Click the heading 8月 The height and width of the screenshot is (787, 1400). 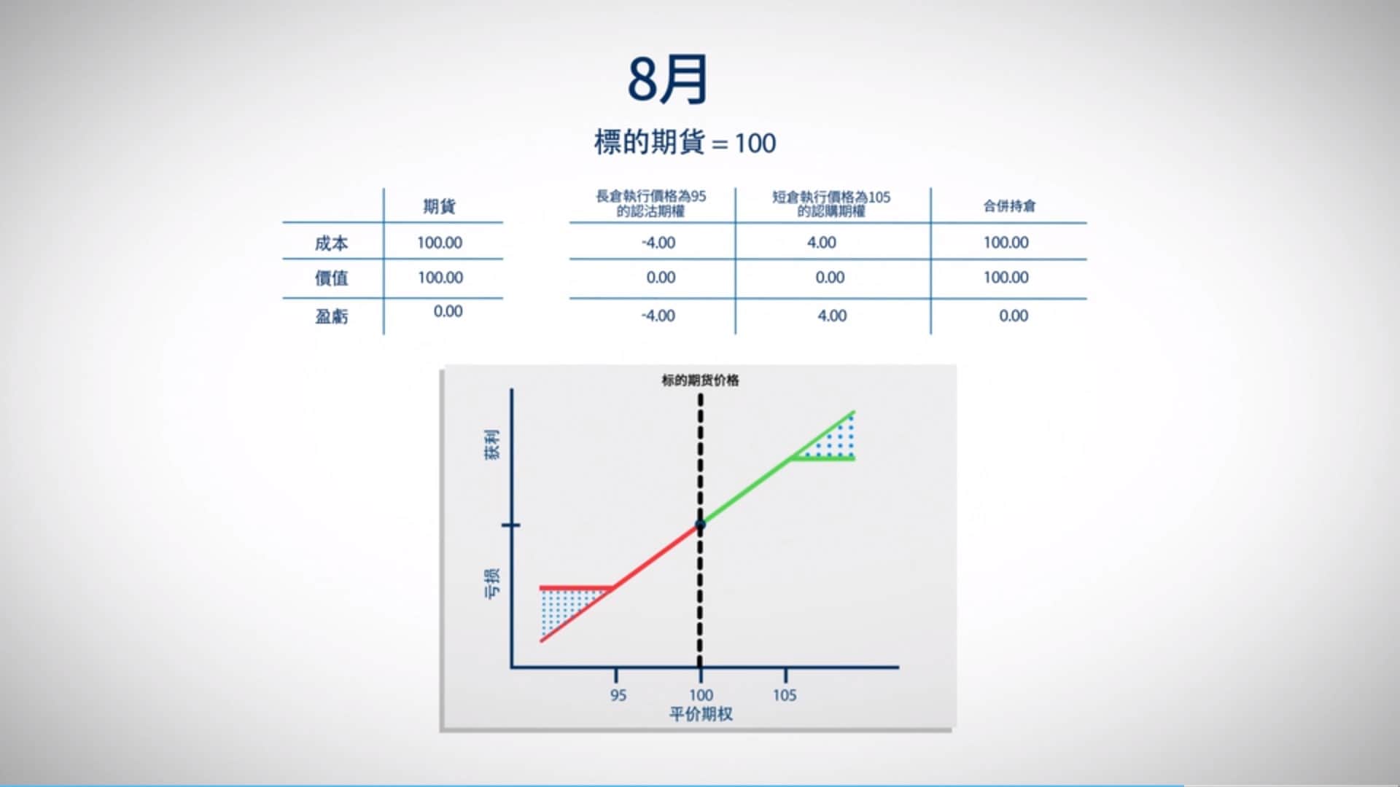pyautogui.click(x=668, y=79)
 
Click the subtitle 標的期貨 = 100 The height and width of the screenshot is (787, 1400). pyautogui.click(x=685, y=143)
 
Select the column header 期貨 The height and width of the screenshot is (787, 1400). pyautogui.click(x=439, y=206)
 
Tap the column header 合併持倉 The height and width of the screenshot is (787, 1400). pyautogui.click(x=1008, y=206)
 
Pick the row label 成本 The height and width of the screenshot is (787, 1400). pyautogui.click(x=331, y=243)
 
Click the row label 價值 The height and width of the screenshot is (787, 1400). pyautogui.click(x=331, y=278)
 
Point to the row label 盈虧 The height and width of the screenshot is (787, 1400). pyautogui.click(x=331, y=316)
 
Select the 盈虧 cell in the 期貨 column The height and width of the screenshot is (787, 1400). pyautogui.click(x=448, y=312)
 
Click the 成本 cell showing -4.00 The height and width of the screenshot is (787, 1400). pyautogui.click(x=658, y=243)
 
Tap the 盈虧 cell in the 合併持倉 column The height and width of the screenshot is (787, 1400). pyautogui.click(x=1013, y=316)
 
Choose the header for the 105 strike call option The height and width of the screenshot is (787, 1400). pyautogui.click(x=831, y=204)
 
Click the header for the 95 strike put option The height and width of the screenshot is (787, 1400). pyautogui.click(x=651, y=203)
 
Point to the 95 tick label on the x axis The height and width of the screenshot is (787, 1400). pyautogui.click(x=618, y=695)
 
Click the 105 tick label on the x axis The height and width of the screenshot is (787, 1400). pyautogui.click(x=785, y=695)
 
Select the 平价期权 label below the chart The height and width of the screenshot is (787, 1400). pyautogui.click(x=701, y=714)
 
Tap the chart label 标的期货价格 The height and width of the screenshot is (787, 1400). pyautogui.click(x=700, y=380)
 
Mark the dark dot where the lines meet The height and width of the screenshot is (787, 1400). pyautogui.click(x=700, y=525)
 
